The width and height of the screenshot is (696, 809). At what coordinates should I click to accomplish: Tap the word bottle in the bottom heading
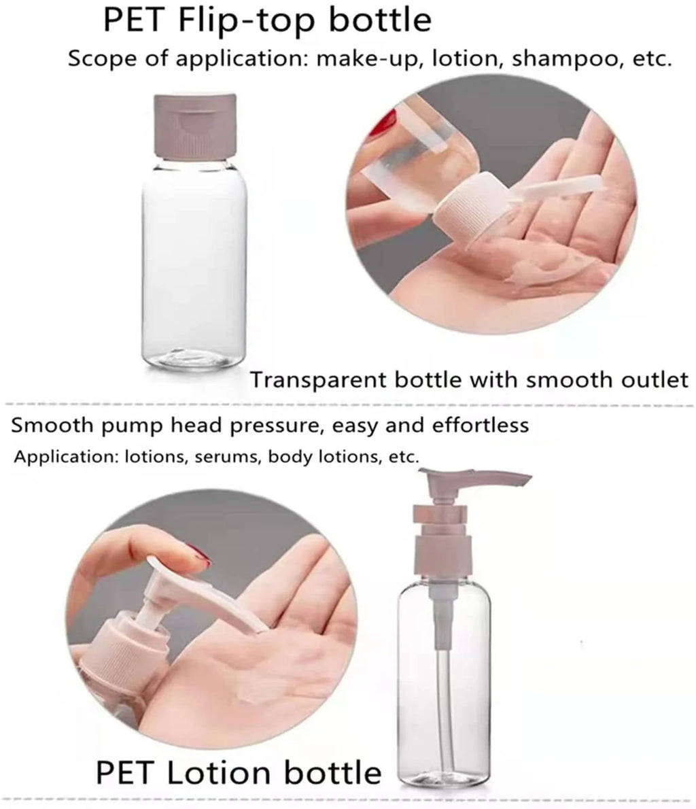(x=335, y=773)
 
